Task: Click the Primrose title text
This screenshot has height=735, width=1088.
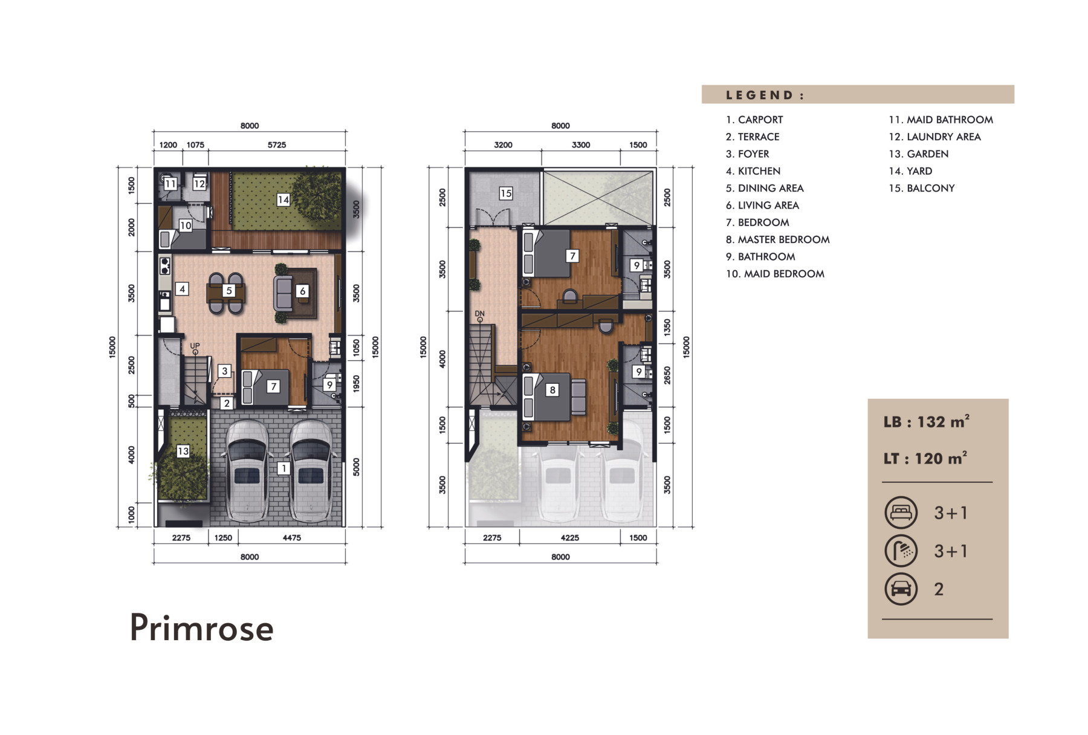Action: tap(202, 628)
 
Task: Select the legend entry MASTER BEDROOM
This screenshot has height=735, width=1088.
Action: tap(777, 239)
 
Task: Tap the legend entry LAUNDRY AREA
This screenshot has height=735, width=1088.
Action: tap(934, 137)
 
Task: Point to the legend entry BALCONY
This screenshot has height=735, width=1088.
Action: tap(922, 188)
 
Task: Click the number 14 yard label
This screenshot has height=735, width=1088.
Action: tap(283, 199)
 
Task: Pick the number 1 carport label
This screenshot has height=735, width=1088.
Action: tap(283, 468)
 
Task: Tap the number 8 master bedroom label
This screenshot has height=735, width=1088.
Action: tap(552, 390)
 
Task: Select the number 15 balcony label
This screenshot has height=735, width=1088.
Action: tap(505, 193)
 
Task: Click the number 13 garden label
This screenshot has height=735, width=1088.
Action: tap(183, 451)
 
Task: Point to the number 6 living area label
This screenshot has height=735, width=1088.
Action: tap(303, 291)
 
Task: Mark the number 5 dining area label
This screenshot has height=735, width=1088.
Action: tap(228, 291)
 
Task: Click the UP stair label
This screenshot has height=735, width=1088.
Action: tap(195, 346)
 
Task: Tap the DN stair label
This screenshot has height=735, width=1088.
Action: tap(479, 314)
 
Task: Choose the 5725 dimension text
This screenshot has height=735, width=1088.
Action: tap(277, 145)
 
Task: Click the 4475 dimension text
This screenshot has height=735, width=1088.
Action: tap(291, 538)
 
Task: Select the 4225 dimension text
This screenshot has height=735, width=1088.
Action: tap(569, 538)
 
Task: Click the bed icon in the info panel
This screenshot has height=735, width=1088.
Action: tap(901, 513)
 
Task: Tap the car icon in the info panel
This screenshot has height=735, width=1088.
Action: tap(901, 589)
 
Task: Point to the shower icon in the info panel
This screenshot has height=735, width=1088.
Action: tap(901, 551)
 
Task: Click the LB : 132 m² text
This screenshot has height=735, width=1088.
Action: tap(927, 421)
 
